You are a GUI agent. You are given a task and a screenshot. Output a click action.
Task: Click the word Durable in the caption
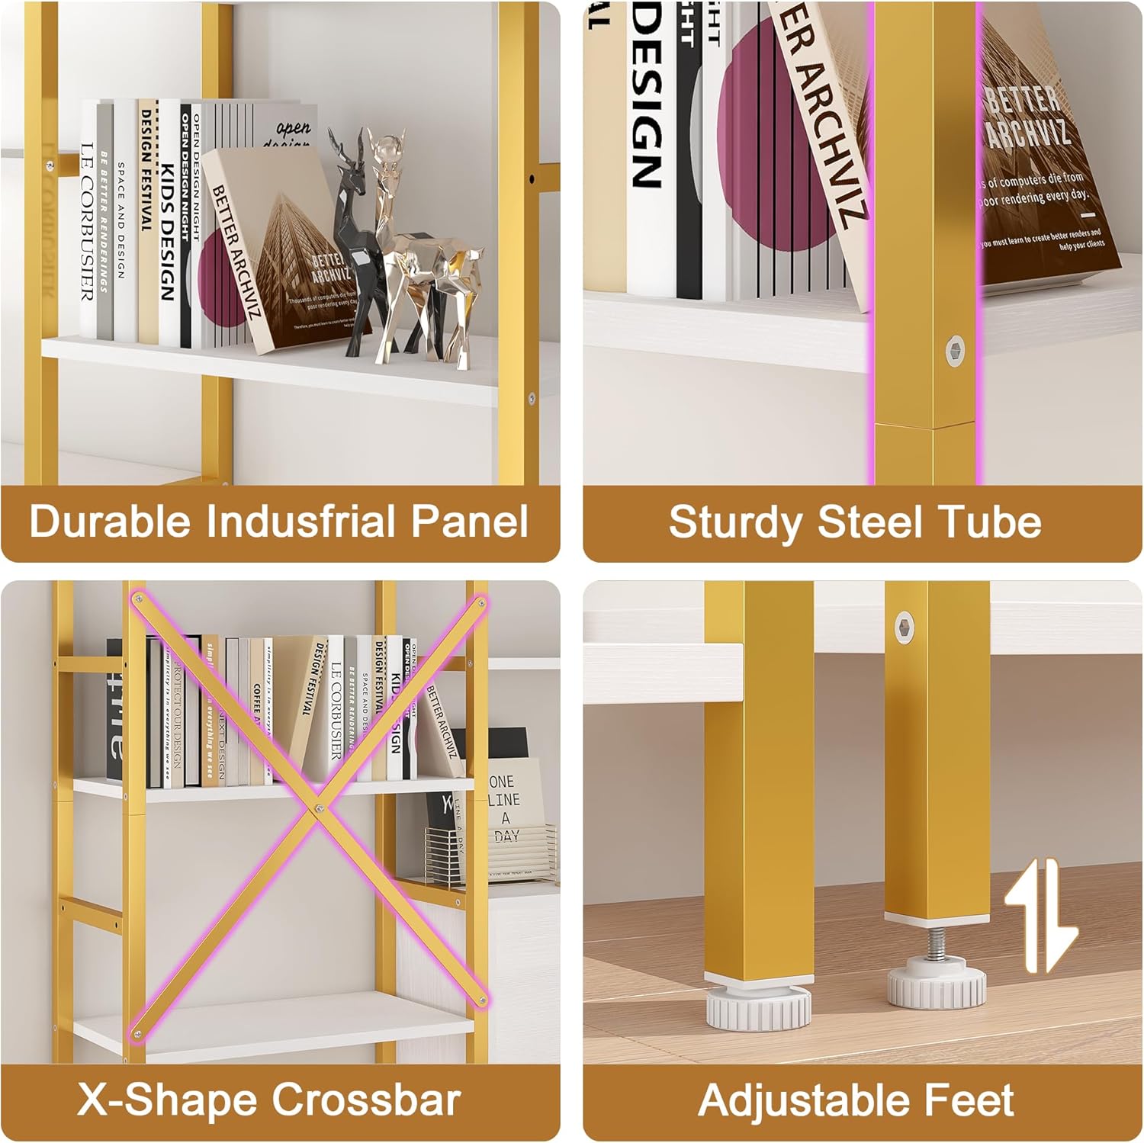pyautogui.click(x=110, y=522)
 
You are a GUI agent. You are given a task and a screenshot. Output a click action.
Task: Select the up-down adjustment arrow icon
pyautogui.click(x=1041, y=915)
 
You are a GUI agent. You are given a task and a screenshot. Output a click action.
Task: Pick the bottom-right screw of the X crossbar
pyautogui.click(x=481, y=1000)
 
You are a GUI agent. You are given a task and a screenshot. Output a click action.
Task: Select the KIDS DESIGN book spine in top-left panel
pyautogui.click(x=168, y=229)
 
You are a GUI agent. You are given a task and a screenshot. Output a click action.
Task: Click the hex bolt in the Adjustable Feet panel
pyautogui.click(x=905, y=625)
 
